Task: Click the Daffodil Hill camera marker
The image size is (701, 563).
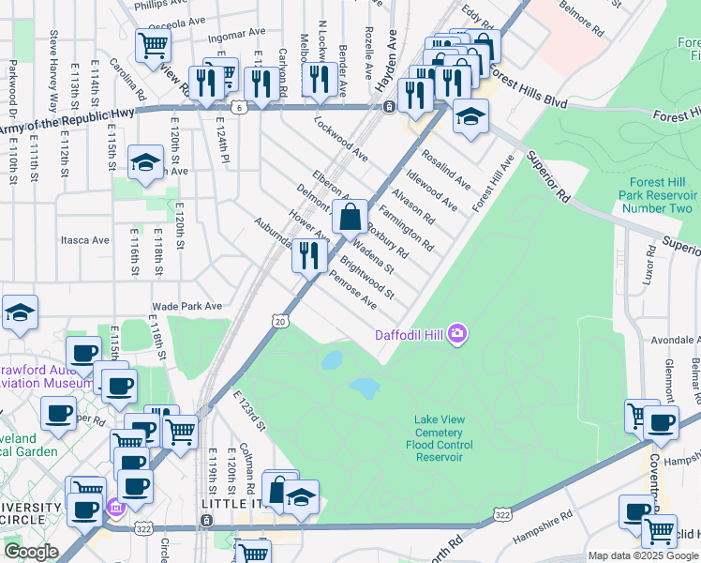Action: [457, 333]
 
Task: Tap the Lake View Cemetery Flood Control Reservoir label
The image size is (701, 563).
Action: [453, 434]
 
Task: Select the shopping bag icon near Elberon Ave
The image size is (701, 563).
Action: [349, 218]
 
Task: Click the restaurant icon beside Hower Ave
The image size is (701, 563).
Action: [309, 255]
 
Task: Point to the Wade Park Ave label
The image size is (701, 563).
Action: [186, 306]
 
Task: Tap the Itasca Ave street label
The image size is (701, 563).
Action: [85, 240]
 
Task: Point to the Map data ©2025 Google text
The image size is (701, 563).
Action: [643, 555]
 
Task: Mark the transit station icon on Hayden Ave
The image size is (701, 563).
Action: [388, 106]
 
